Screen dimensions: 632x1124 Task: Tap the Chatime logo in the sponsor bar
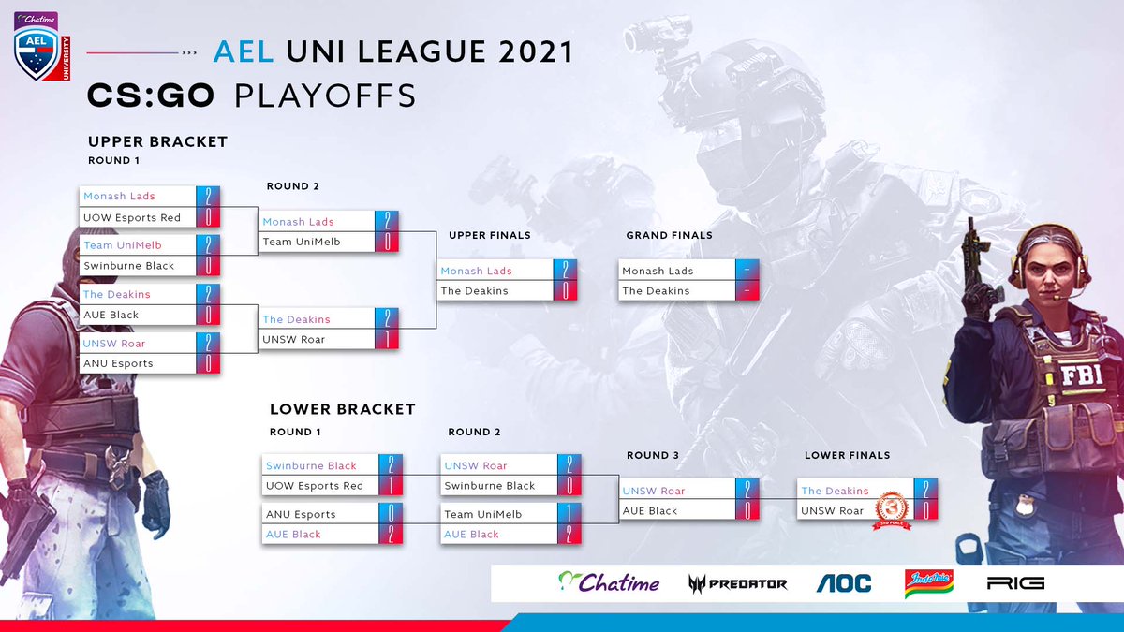point(609,582)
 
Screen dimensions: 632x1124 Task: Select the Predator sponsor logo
point(737,583)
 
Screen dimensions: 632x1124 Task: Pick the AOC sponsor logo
point(843,583)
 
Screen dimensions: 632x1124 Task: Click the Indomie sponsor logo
point(928,582)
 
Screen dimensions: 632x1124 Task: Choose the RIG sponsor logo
point(1015,583)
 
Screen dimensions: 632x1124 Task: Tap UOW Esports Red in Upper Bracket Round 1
point(131,217)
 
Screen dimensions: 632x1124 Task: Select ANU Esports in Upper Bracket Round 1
point(118,363)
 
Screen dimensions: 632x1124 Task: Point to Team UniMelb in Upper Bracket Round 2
point(301,242)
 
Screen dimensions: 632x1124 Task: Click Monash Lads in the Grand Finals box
point(658,271)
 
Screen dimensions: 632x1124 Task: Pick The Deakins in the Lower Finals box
point(835,491)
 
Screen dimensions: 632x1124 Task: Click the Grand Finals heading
point(669,235)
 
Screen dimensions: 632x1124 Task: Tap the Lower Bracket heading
point(342,409)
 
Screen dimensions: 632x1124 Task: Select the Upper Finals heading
point(489,235)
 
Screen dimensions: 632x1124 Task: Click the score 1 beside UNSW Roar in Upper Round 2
point(385,339)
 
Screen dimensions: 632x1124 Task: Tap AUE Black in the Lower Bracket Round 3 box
point(650,511)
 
